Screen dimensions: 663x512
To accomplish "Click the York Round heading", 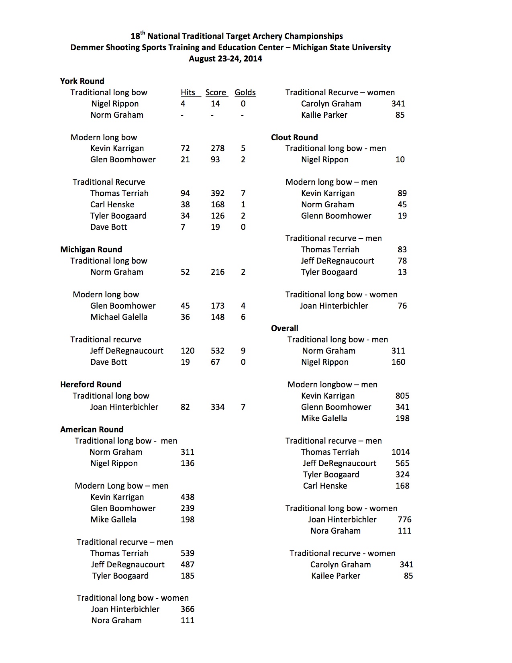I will pyautogui.click(x=82, y=81).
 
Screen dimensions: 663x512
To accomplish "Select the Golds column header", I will pyautogui.click(x=245, y=92).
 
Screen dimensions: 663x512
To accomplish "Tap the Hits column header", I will pyautogui.click(x=188, y=92).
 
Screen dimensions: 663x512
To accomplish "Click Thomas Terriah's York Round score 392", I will pyautogui.click(x=218, y=193).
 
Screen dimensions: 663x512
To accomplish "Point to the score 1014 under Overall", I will pyautogui.click(x=400, y=452).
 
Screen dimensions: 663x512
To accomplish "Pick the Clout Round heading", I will pyautogui.click(x=294, y=137).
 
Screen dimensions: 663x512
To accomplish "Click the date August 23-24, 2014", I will pyautogui.click(x=225, y=59).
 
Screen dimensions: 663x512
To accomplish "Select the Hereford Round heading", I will pyautogui.click(x=90, y=385).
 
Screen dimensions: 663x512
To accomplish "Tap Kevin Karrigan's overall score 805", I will pyautogui.click(x=402, y=396).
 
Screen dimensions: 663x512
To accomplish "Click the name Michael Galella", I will pyautogui.click(x=118, y=317).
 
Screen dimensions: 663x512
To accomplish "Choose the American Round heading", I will pyautogui.click(x=92, y=430).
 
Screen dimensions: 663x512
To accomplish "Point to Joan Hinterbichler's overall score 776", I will pyautogui.click(x=404, y=520).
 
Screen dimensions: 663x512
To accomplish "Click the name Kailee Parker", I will pyautogui.click(x=336, y=576).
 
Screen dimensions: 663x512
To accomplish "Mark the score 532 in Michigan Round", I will pyautogui.click(x=218, y=351).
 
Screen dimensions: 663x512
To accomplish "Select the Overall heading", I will pyautogui.click(x=284, y=328).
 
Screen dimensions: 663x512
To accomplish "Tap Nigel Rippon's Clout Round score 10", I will pyautogui.click(x=400, y=160).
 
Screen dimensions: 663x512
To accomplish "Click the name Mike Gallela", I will pyautogui.click(x=113, y=520).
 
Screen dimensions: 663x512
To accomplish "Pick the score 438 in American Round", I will pyautogui.click(x=187, y=497).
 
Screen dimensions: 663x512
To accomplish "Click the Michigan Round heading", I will pyautogui.click(x=91, y=250).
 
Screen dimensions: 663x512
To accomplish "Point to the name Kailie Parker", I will pyautogui.click(x=324, y=115).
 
